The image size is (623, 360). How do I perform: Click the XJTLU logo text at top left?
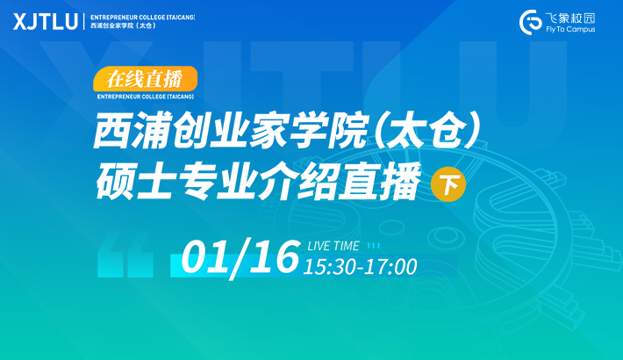pyautogui.click(x=46, y=21)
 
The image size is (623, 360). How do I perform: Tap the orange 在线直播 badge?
pyautogui.click(x=145, y=79)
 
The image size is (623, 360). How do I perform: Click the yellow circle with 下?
pyautogui.click(x=448, y=184)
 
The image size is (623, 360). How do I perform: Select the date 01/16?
pyautogui.click(x=240, y=257)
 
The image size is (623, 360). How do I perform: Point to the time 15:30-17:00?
pyautogui.click(x=360, y=267)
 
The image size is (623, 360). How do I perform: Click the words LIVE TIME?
pyautogui.click(x=333, y=246)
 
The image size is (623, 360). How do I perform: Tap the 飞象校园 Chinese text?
pyautogui.click(x=569, y=18)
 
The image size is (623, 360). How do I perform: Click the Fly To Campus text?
pyautogui.click(x=570, y=30)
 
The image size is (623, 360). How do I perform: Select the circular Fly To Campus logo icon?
pyautogui.click(x=530, y=23)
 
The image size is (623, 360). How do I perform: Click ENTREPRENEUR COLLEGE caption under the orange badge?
pyautogui.click(x=146, y=97)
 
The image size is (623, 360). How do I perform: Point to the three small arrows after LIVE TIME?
pyautogui.click(x=374, y=246)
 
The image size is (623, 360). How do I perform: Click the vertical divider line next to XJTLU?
pyautogui.click(x=84, y=21)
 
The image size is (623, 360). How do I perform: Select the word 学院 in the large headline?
pyautogui.click(x=327, y=131)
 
